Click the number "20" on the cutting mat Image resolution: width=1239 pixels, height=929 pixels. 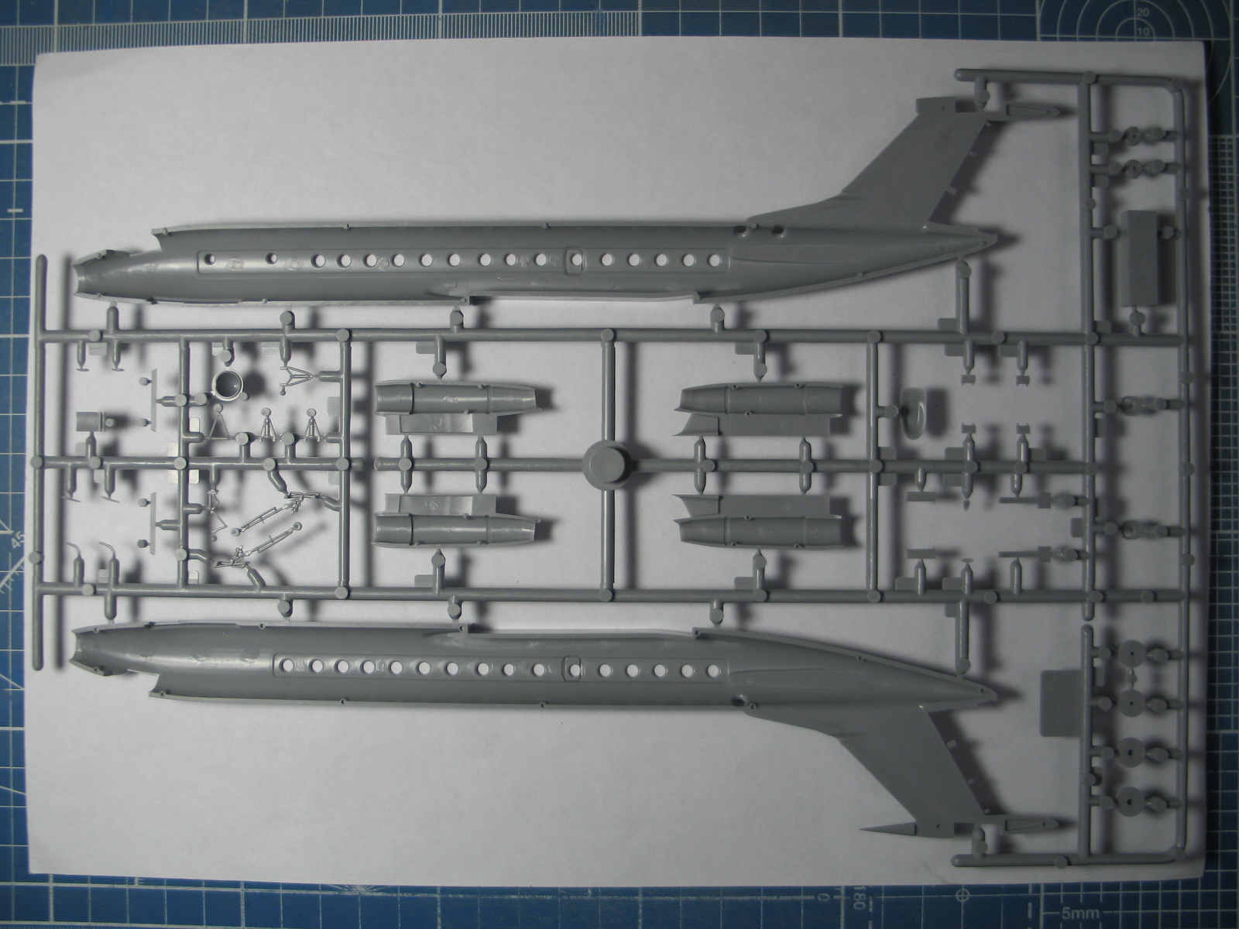pos(1142,13)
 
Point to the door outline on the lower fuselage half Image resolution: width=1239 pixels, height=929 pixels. pos(572,667)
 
